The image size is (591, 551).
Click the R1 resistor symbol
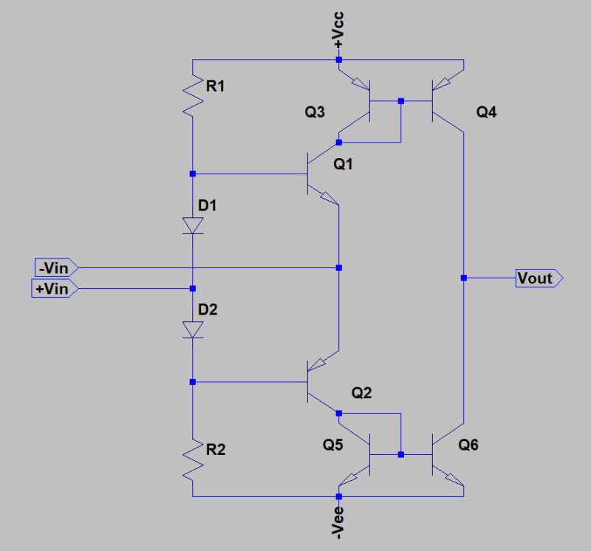pos(192,96)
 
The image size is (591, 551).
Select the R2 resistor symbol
pos(192,459)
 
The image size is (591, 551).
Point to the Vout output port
pos(539,278)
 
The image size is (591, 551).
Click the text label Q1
pos(344,165)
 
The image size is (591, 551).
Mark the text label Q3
pos(315,113)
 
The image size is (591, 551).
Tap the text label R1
pos(216,86)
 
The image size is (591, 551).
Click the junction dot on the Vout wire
pos(463,278)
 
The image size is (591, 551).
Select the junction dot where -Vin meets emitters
pos(338,267)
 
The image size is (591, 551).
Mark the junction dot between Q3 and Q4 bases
pos(400,100)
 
